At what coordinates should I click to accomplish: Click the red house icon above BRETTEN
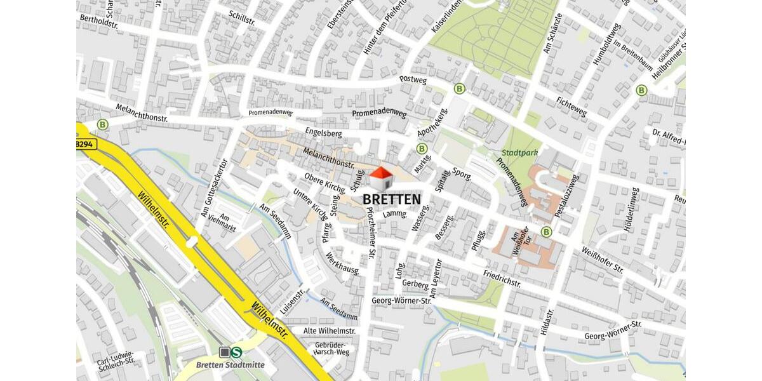[x=380, y=178]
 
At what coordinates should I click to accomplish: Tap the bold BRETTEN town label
[x=391, y=199]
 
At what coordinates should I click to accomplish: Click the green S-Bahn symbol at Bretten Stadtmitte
[x=237, y=352]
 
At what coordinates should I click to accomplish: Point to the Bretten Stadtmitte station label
[x=230, y=365]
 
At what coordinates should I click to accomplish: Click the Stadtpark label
[x=519, y=153]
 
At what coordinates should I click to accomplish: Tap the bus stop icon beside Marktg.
[x=421, y=149]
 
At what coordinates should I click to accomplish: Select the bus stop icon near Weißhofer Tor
[x=546, y=232]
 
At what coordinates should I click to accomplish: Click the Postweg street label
[x=413, y=80]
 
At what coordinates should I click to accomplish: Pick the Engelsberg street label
[x=323, y=133]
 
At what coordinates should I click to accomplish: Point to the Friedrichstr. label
[x=502, y=277]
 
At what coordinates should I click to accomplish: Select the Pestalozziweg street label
[x=566, y=196]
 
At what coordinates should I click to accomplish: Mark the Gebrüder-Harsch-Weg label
[x=331, y=349]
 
